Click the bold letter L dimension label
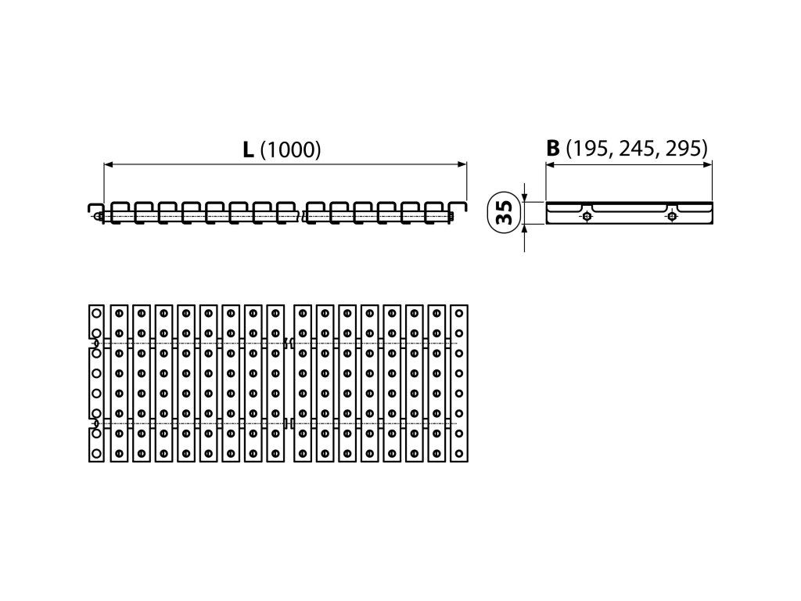pos(247,149)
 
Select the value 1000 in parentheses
pos(290,150)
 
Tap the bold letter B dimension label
pos(553,148)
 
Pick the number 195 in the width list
pos(590,149)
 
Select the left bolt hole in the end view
pos(587,217)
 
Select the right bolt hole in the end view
pos(671,217)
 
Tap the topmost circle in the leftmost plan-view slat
pos(95,313)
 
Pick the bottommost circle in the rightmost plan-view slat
pos(459,453)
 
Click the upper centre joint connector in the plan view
pos(288,343)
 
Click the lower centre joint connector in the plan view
pos(288,423)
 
